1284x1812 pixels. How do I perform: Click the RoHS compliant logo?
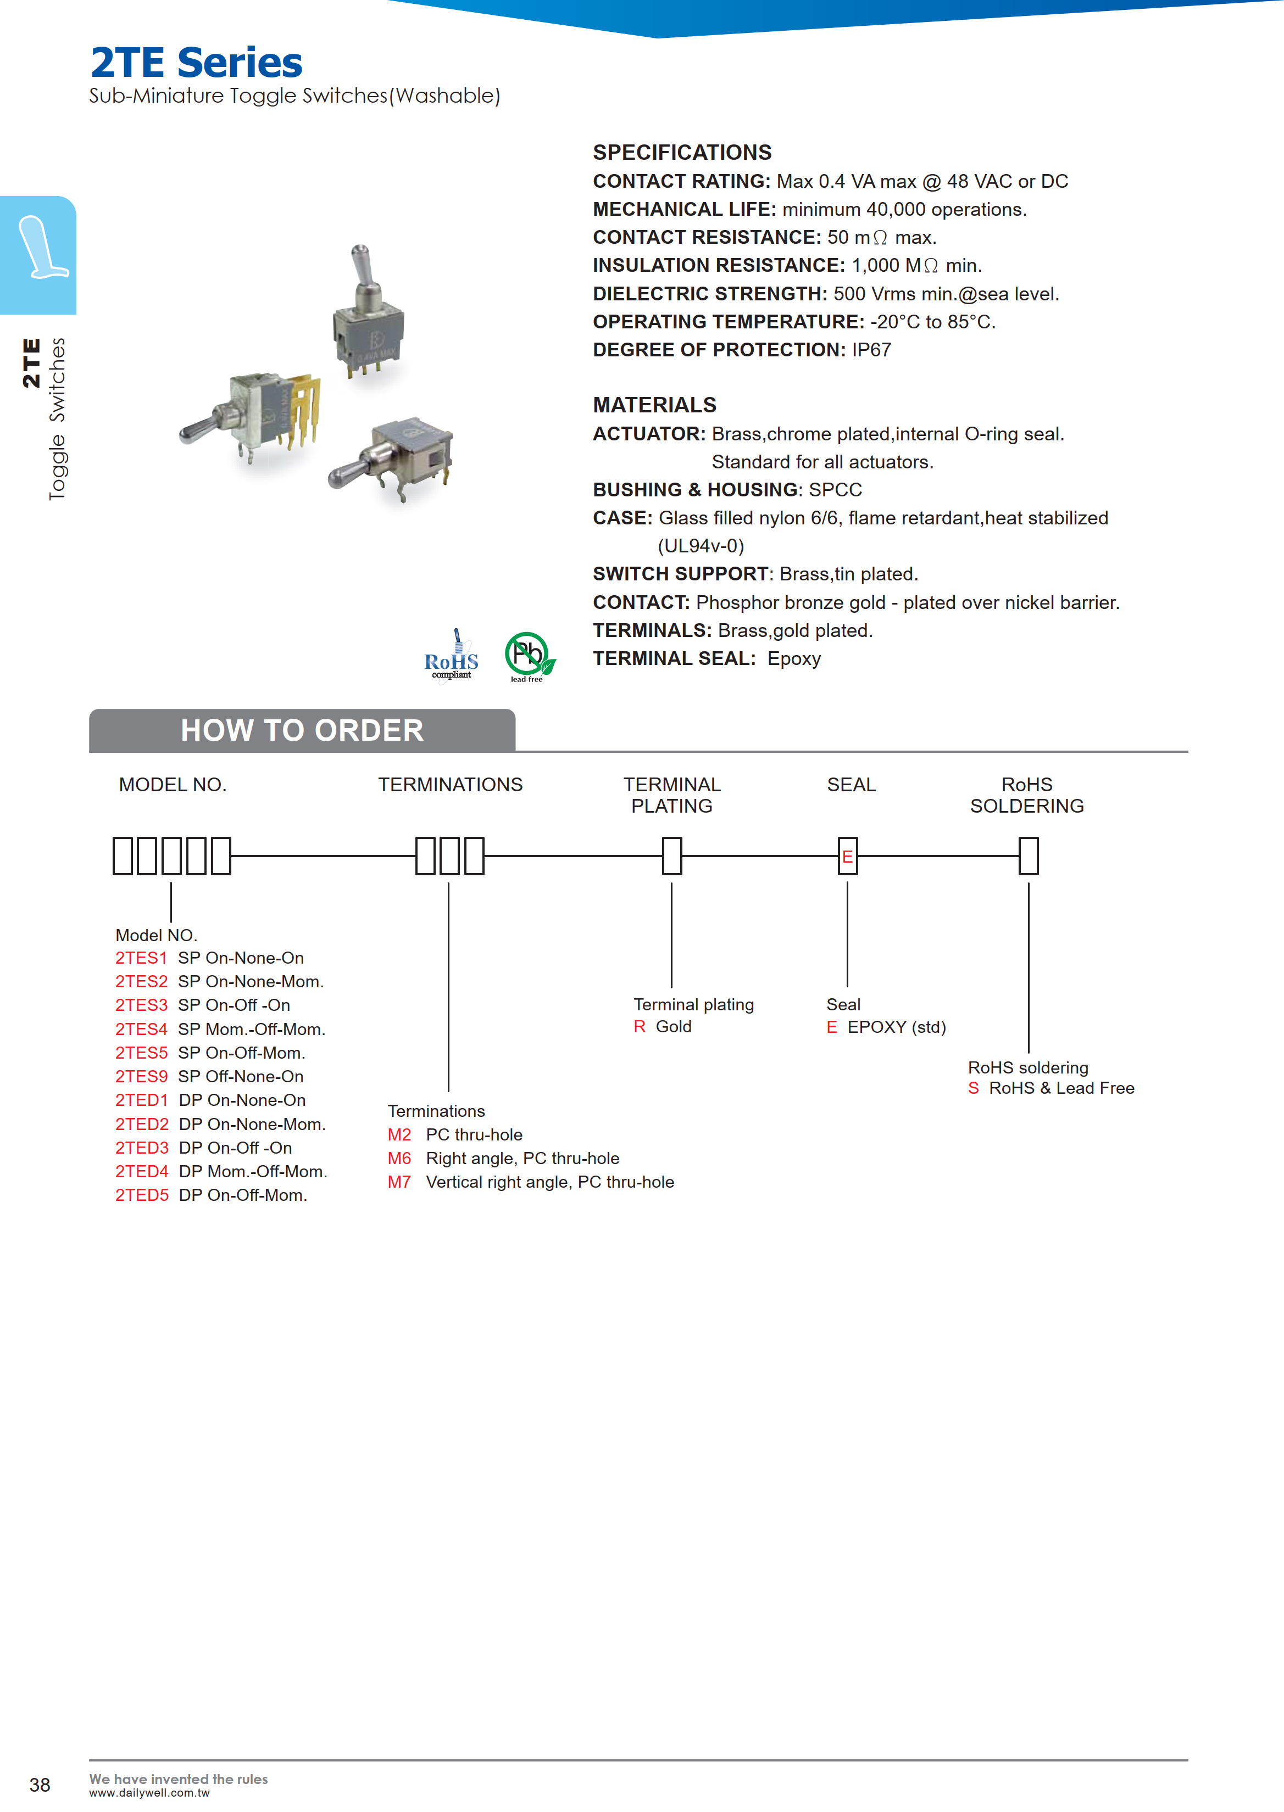452,656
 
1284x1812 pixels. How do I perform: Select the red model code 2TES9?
142,1076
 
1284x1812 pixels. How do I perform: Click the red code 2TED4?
142,1171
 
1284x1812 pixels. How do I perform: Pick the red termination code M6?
399,1159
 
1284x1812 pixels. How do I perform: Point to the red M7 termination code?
399,1182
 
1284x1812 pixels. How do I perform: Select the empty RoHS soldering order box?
1028,857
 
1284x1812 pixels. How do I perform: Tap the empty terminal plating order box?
672,857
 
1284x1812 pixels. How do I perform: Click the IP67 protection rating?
871,350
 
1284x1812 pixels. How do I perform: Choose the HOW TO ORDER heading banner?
302,730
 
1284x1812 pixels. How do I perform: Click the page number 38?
40,1785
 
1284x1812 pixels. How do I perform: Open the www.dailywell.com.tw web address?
149,1793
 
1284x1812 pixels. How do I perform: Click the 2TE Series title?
196,63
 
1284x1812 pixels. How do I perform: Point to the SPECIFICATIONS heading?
682,153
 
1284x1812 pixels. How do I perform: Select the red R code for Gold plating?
640,1026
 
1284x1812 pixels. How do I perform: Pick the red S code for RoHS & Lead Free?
973,1088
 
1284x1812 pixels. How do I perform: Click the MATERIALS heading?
655,405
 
